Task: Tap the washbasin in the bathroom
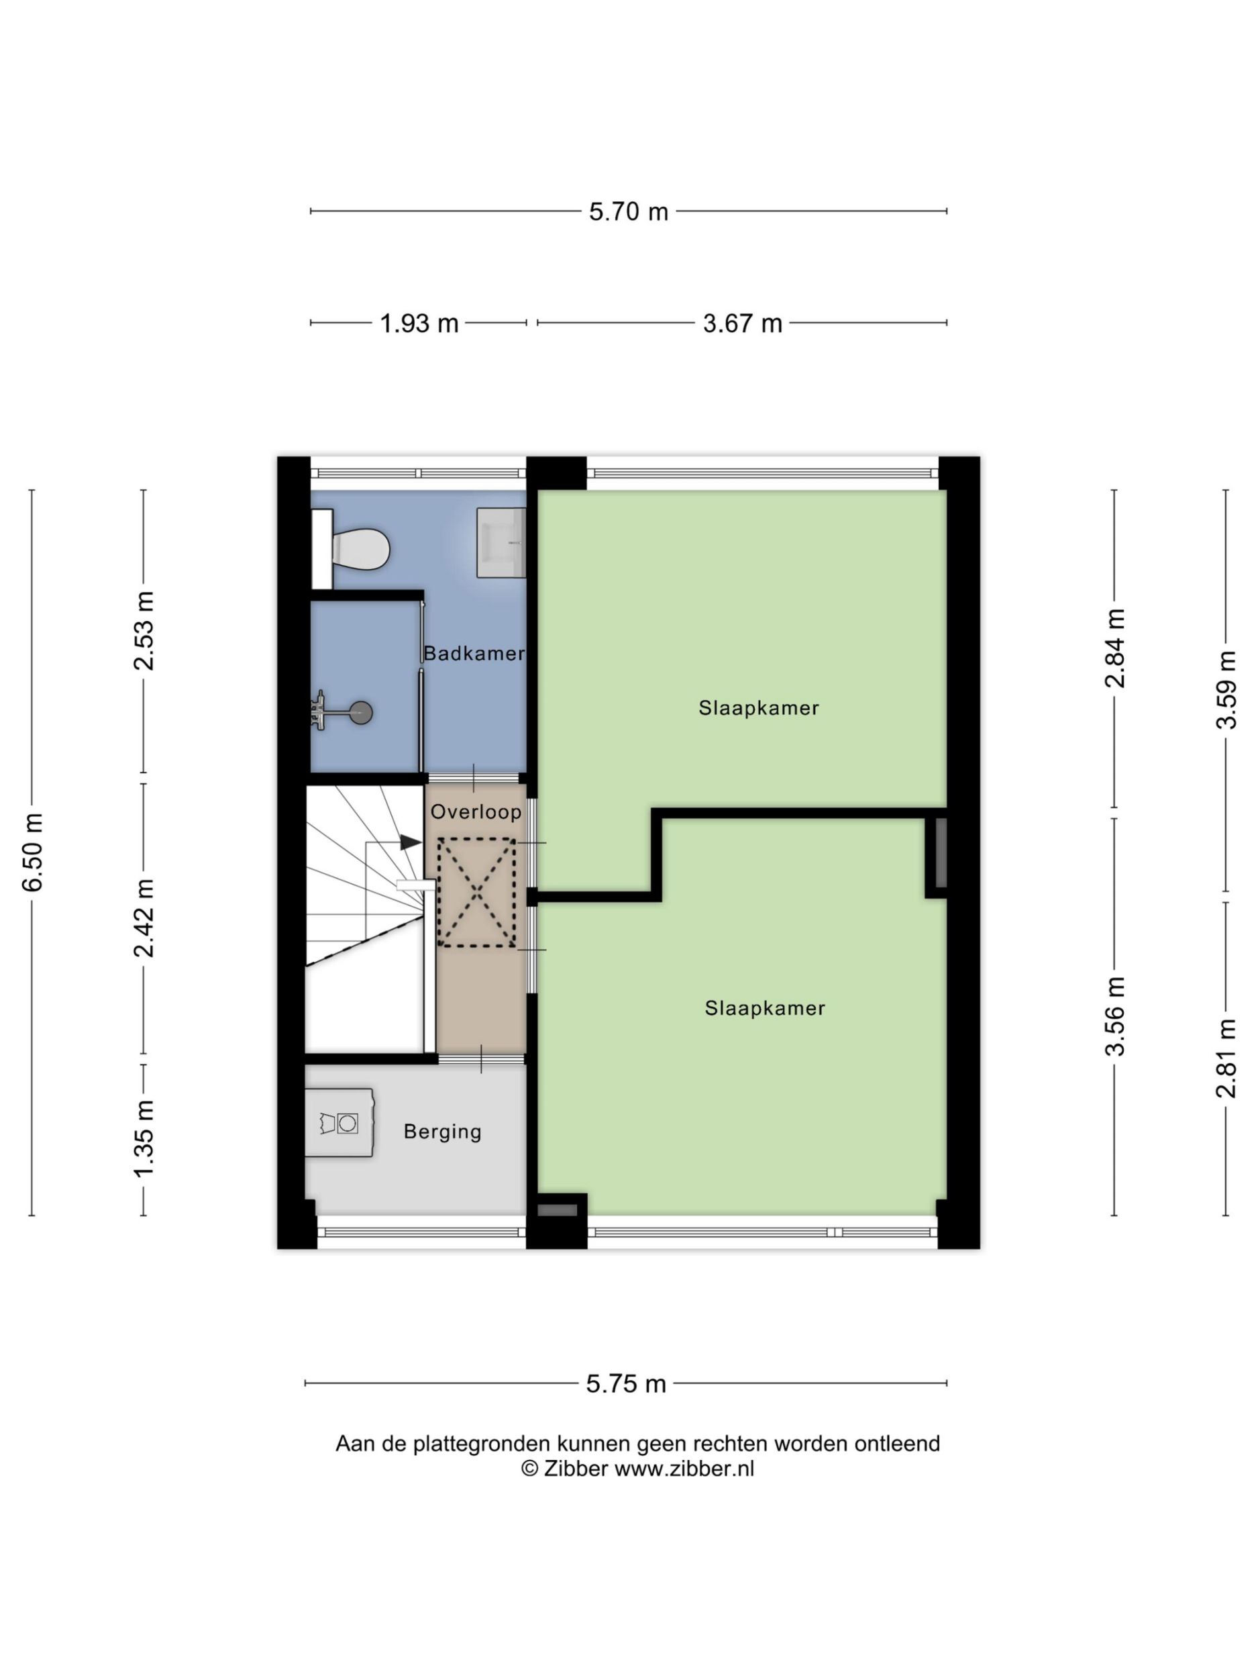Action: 501,542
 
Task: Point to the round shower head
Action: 362,711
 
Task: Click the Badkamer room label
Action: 474,653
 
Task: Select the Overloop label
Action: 476,811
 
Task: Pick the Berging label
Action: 443,1132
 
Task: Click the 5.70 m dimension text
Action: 629,211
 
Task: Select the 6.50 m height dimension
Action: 34,852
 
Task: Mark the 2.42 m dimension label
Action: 144,918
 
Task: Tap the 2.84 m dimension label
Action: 1114,648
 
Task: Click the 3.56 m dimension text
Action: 1114,1016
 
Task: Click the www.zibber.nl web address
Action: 684,1469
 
